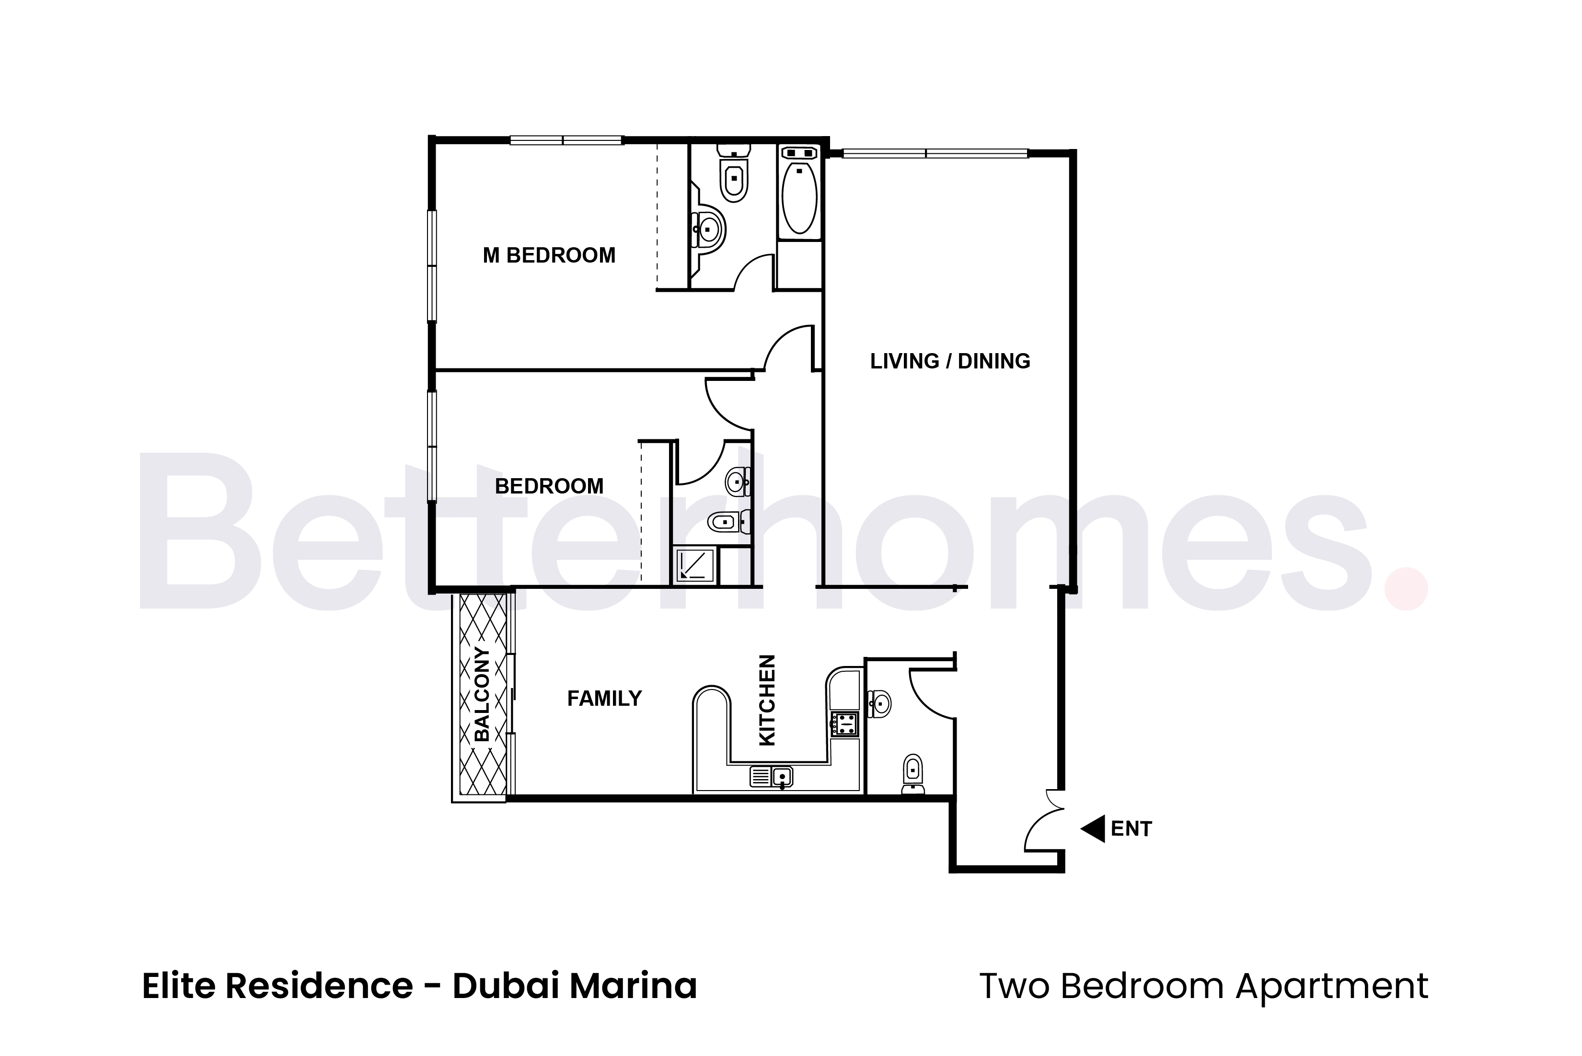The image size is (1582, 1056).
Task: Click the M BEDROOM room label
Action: click(x=549, y=255)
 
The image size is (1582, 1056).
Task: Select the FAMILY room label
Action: click(x=604, y=699)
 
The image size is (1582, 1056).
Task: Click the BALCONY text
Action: click(x=482, y=694)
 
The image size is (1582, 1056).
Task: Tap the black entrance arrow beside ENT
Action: click(x=1093, y=828)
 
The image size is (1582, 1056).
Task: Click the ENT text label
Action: click(x=1132, y=829)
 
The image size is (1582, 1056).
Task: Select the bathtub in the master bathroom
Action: click(x=799, y=196)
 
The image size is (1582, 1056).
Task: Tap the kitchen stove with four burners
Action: click(x=844, y=724)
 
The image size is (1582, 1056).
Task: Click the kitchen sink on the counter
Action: click(x=781, y=777)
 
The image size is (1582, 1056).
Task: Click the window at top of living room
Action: click(x=935, y=153)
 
